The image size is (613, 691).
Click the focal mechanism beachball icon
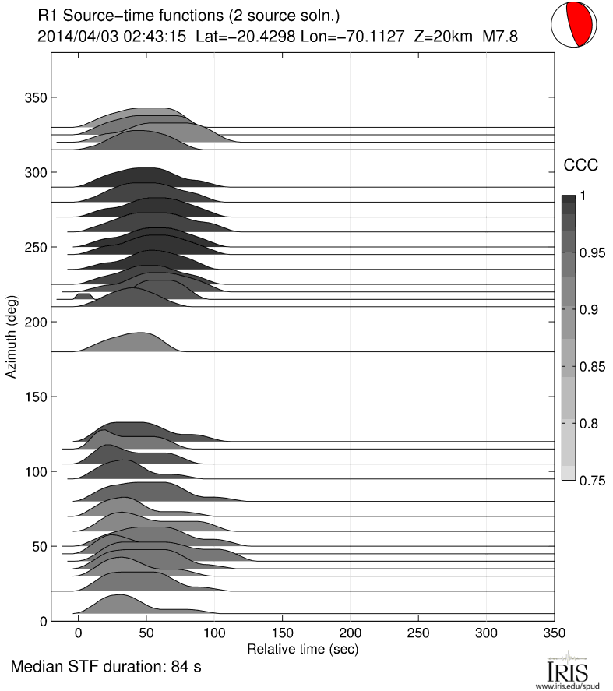(x=575, y=26)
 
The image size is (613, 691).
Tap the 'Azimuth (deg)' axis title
(x=11, y=337)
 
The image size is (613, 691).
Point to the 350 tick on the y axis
(x=33, y=97)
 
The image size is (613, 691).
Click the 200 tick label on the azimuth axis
(x=33, y=322)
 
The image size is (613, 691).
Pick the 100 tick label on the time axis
(x=214, y=633)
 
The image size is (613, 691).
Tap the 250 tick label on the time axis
(x=418, y=633)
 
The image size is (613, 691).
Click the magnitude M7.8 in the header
(x=500, y=36)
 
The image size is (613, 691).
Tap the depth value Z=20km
(x=441, y=36)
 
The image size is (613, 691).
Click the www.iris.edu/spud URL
(x=566, y=686)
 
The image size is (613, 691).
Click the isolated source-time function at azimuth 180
(x=129, y=343)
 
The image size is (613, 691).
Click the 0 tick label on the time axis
(x=78, y=633)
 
